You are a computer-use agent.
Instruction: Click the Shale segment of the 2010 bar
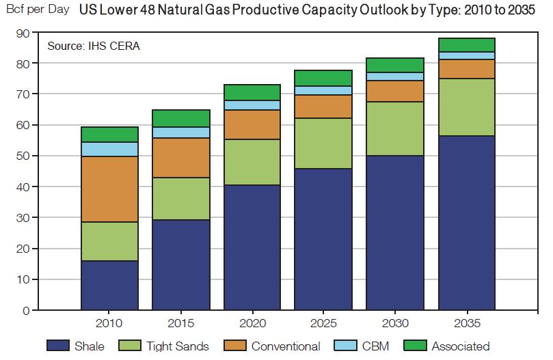[x=110, y=286]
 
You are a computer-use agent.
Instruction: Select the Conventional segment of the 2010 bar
[x=110, y=189]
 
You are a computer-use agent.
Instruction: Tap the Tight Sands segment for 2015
[x=181, y=199]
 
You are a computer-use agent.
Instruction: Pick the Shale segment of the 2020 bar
[x=253, y=247]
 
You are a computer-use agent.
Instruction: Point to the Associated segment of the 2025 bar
[x=324, y=78]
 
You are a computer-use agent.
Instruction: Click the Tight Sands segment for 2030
[x=396, y=129]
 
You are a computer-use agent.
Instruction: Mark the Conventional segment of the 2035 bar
[x=467, y=69]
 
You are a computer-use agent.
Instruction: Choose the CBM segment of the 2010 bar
[x=110, y=149]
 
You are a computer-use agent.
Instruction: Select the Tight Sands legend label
[x=177, y=346]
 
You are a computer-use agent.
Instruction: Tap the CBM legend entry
[x=362, y=346]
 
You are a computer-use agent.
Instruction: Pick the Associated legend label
[x=460, y=346]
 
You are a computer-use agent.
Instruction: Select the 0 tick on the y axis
[x=25, y=311]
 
